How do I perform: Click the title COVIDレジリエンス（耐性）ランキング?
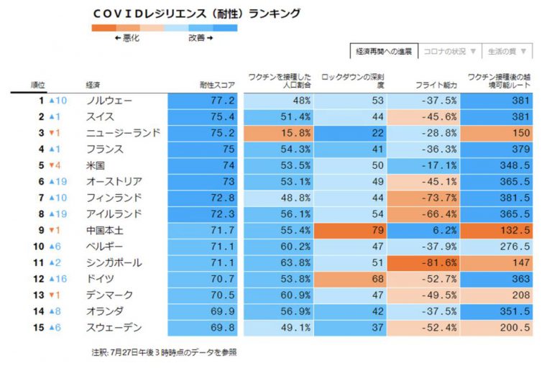(x=196, y=13)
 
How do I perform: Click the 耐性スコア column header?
(x=217, y=84)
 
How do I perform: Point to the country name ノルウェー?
(x=109, y=101)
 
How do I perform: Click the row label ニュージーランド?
(x=122, y=133)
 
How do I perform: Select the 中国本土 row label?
(x=104, y=230)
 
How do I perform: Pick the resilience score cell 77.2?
(x=203, y=101)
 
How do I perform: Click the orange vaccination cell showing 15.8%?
(x=278, y=133)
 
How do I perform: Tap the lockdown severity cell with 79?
(x=351, y=230)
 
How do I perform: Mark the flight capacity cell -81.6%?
(x=424, y=262)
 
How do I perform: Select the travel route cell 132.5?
(x=497, y=230)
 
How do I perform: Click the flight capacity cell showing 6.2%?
(x=424, y=230)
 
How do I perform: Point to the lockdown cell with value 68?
(x=351, y=279)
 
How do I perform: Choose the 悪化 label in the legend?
(x=127, y=38)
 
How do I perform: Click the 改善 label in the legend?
(x=201, y=38)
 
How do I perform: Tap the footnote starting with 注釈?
(x=164, y=352)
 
